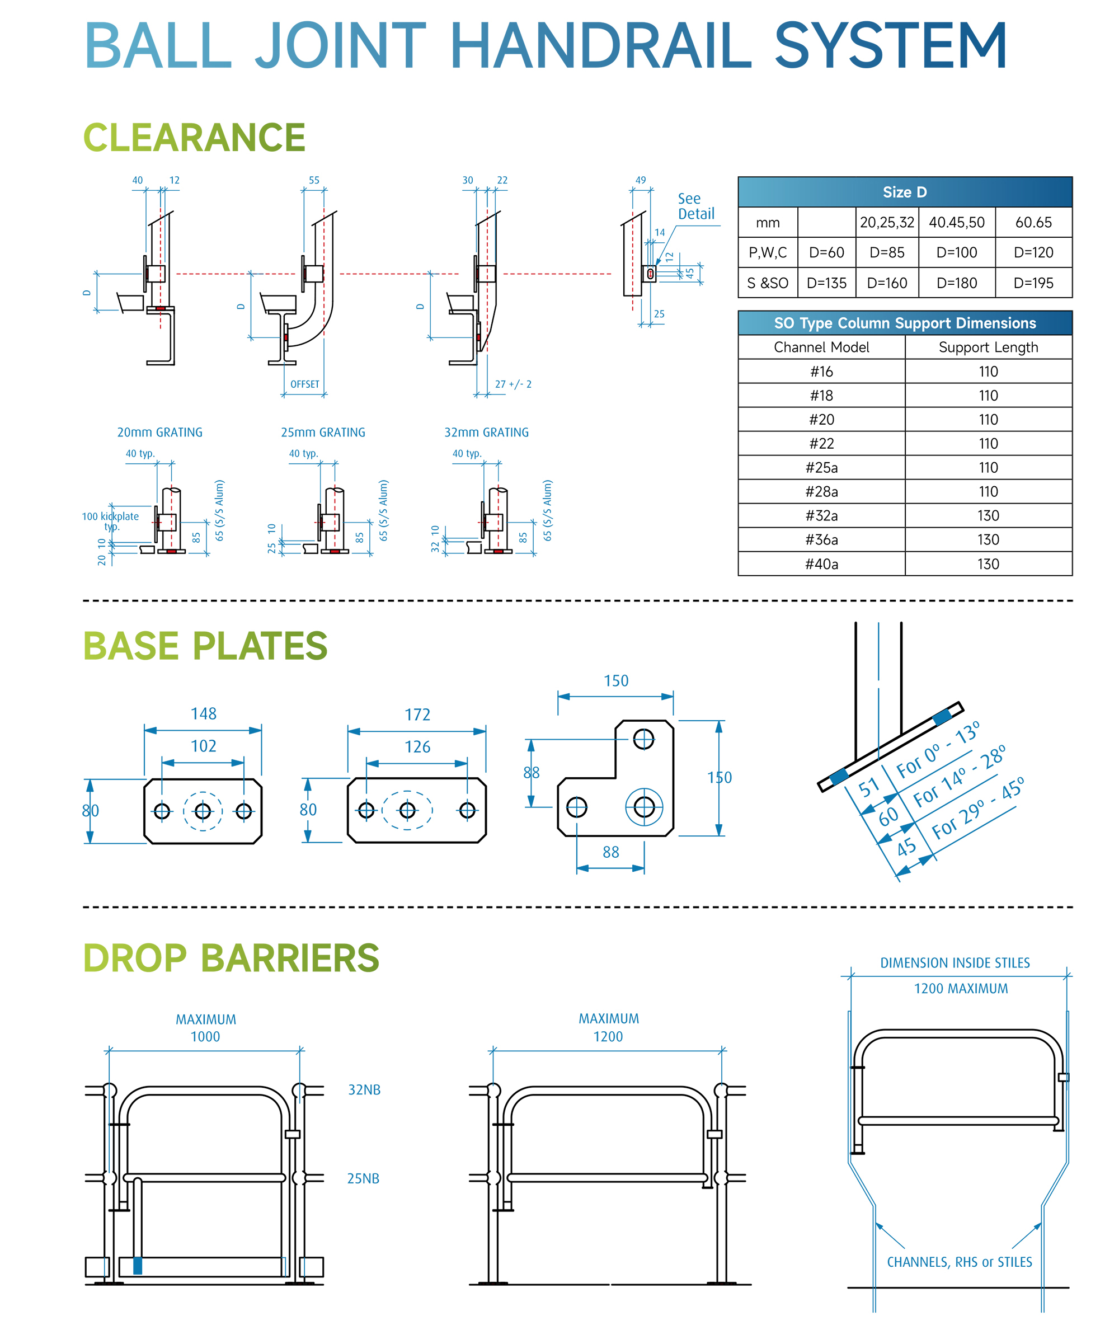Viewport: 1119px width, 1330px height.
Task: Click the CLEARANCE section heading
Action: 194,138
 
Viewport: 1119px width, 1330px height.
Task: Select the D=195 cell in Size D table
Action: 1033,283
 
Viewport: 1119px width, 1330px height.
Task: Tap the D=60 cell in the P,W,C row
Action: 826,252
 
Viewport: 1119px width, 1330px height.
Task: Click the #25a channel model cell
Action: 821,467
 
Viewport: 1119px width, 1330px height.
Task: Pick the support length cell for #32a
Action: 988,516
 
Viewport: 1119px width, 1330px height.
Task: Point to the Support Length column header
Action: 988,347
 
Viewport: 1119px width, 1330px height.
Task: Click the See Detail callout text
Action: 695,206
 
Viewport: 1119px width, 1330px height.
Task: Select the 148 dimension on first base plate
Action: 204,713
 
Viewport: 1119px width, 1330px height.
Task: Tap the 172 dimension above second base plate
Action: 417,715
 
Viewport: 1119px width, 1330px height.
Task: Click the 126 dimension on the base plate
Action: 417,747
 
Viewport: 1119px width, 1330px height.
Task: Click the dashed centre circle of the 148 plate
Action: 203,811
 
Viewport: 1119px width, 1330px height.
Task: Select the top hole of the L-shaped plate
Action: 643,739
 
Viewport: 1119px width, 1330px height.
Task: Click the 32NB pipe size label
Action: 364,1089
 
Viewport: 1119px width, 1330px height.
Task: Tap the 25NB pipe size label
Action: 363,1178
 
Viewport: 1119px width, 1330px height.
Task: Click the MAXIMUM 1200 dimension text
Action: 608,1027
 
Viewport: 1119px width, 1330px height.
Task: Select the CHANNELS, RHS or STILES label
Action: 958,1262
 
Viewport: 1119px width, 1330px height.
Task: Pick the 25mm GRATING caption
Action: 323,433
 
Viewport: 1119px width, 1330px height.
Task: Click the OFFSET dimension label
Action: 304,384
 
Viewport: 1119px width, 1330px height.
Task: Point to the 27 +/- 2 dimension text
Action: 513,384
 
